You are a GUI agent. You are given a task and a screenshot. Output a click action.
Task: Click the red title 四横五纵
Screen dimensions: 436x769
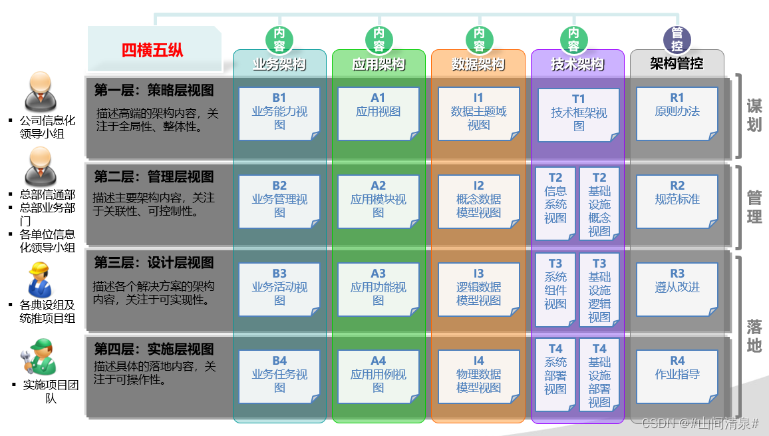pyautogui.click(x=152, y=50)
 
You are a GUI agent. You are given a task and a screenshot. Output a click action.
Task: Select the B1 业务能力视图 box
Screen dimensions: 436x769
pyautogui.click(x=279, y=113)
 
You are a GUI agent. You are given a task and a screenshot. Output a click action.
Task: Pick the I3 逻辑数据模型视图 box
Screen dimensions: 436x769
pyautogui.click(x=478, y=288)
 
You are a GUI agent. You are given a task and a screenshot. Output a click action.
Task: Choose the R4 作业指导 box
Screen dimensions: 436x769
pyautogui.click(x=677, y=375)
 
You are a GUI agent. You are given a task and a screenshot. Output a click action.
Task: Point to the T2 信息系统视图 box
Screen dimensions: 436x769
pyautogui.click(x=555, y=203)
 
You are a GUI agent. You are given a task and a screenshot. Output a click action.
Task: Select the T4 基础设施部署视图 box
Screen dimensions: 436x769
pyautogui.click(x=599, y=375)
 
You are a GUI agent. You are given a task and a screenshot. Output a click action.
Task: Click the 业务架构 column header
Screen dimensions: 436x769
pyautogui.click(x=279, y=65)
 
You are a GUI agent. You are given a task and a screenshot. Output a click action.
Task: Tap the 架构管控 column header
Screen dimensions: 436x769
pyautogui.click(x=677, y=64)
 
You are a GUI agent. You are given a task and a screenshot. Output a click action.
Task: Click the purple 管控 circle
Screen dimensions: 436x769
pyautogui.click(x=677, y=40)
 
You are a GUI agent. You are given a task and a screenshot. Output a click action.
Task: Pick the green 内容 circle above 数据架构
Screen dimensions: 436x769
pyautogui.click(x=479, y=40)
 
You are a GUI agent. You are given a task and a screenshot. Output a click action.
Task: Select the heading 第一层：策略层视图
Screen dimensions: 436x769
pyautogui.click(x=154, y=90)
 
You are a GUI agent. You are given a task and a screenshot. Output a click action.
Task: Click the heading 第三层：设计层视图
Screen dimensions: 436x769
pyautogui.click(x=154, y=263)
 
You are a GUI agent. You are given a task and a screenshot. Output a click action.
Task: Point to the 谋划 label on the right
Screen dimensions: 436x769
pyautogui.click(x=754, y=116)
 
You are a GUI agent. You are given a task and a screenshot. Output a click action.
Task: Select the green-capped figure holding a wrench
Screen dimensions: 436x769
pyautogui.click(x=39, y=358)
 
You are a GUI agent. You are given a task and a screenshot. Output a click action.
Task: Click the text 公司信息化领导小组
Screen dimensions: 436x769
pyautogui.click(x=47, y=126)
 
